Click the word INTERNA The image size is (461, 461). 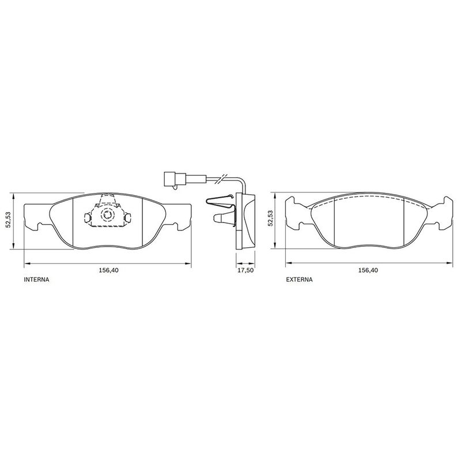point(36,279)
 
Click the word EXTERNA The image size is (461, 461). point(299,279)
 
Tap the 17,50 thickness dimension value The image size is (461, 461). point(245,270)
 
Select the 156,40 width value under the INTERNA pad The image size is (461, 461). point(108,270)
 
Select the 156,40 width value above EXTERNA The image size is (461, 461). point(368,270)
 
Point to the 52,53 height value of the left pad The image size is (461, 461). point(9,221)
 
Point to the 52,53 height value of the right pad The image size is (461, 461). point(270,218)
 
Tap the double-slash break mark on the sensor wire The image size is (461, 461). point(221,179)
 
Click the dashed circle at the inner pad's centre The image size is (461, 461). point(107,215)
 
